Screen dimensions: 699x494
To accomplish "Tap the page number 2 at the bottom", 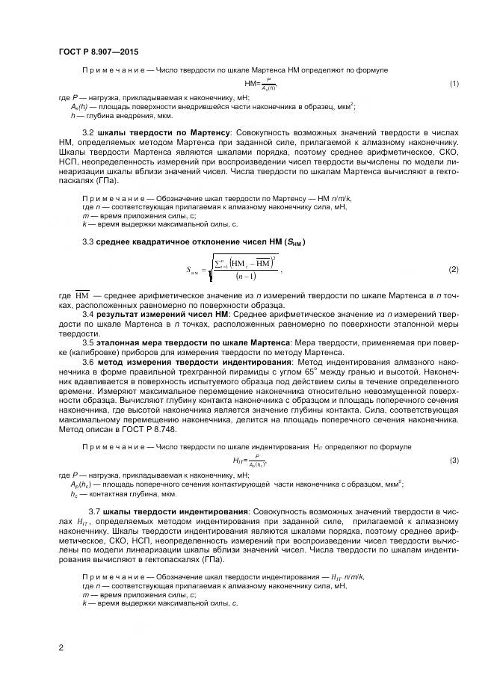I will (x=61, y=647).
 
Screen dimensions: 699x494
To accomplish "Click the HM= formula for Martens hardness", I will (x=260, y=83).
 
